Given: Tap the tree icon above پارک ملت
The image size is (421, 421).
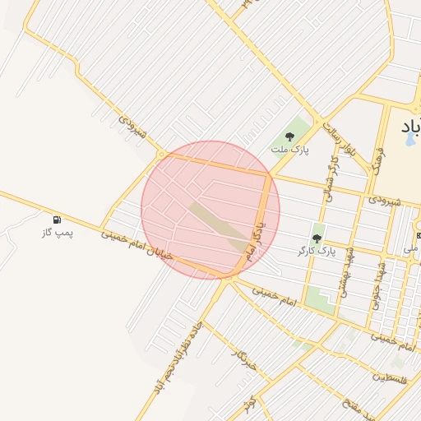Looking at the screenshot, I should point(289,136).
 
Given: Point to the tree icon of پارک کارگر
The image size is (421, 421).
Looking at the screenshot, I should point(317,237).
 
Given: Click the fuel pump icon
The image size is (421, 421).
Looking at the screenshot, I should point(57,220).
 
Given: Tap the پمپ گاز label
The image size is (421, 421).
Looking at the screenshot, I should point(57,234).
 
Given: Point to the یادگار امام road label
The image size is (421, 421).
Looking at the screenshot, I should point(258,225).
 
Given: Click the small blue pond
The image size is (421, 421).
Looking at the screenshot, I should point(409,138).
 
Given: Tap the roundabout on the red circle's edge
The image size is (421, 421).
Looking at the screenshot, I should point(162,154).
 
